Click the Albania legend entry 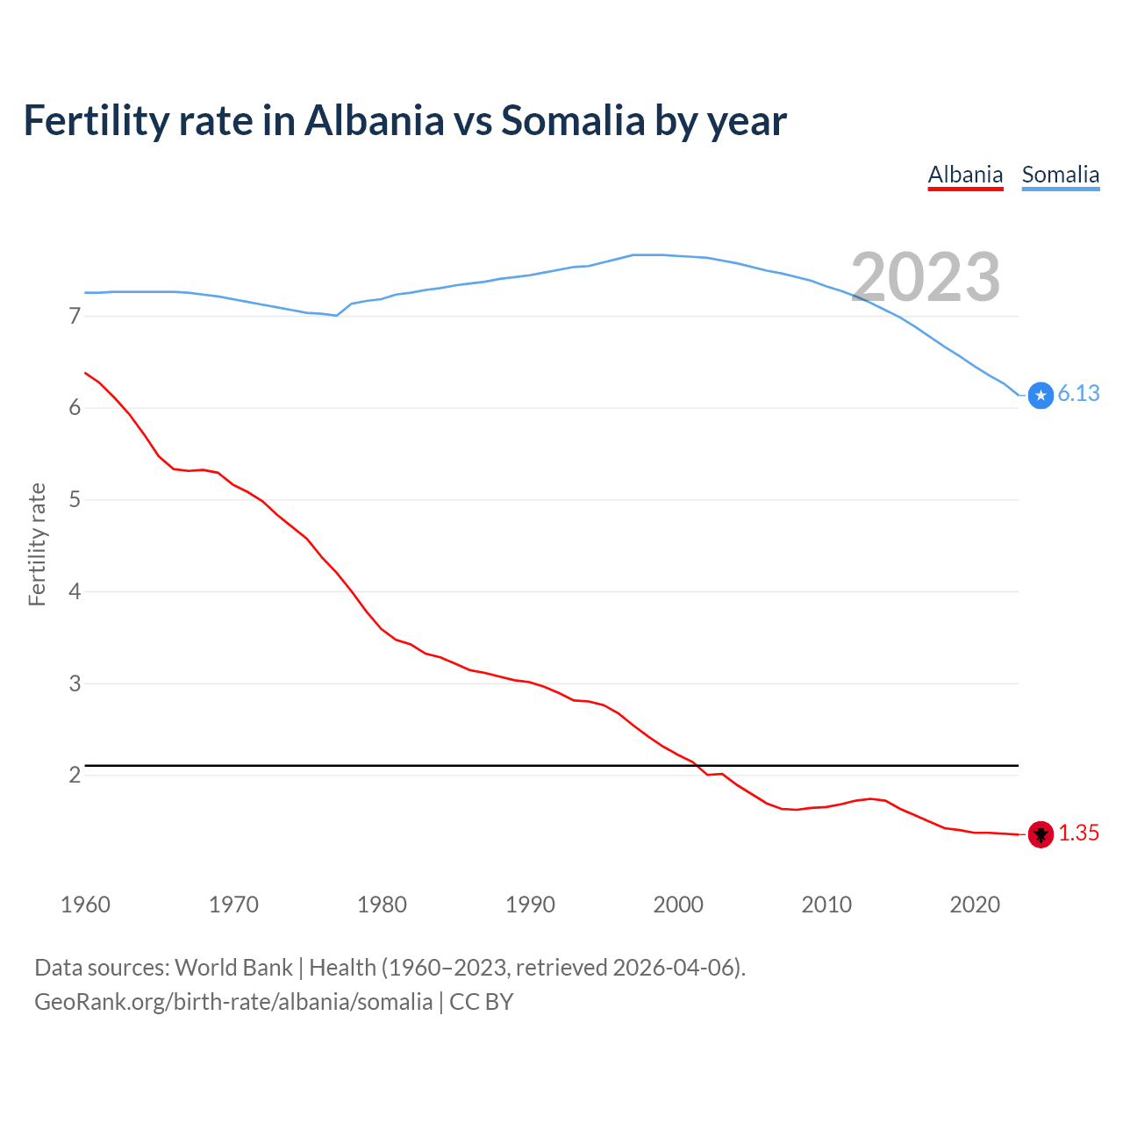coord(965,175)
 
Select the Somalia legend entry coord(1060,175)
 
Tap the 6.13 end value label coord(1078,394)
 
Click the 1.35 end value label coord(1078,833)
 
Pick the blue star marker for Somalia coord(1041,396)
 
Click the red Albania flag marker coord(1041,834)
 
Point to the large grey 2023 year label coord(926,277)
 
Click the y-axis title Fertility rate coord(37,544)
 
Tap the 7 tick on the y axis coord(75,316)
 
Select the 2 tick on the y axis coord(75,775)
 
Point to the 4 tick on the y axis coord(75,591)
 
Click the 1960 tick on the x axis coord(85,905)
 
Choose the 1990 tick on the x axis coord(530,905)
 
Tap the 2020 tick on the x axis coord(975,905)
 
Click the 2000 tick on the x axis coord(678,905)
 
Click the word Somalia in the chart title coord(572,120)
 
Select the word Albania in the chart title coord(374,120)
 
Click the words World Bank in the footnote coord(233,968)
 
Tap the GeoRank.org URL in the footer coord(233,1002)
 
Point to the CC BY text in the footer coord(481,1002)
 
